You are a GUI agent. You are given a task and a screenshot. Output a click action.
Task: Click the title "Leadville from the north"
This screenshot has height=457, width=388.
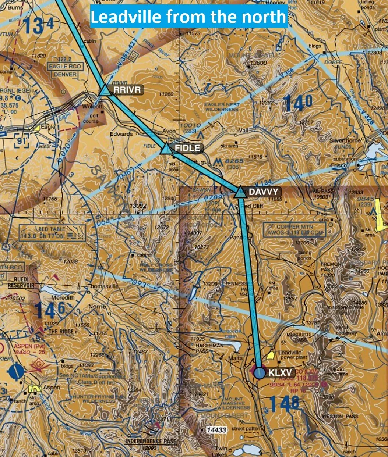[x=188, y=17]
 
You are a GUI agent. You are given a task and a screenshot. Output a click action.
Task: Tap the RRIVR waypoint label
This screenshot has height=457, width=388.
[x=127, y=90]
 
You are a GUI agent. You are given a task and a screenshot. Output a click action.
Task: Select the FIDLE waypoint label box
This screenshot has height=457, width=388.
[x=187, y=148]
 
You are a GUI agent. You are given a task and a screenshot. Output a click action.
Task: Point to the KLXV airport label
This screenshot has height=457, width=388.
[x=280, y=372]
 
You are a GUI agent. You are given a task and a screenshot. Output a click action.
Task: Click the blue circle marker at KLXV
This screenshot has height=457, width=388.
[x=260, y=373]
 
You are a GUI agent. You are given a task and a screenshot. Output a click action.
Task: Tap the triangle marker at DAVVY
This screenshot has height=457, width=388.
[x=240, y=192]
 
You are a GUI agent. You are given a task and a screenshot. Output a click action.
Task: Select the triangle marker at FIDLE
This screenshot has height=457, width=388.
[x=166, y=148]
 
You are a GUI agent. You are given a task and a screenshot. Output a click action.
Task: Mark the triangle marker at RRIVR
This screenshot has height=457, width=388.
[x=105, y=90]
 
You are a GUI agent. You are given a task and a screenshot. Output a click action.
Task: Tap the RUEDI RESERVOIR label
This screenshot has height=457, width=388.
[x=21, y=282]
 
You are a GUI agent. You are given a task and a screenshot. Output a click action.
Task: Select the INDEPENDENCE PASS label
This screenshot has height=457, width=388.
[x=151, y=441]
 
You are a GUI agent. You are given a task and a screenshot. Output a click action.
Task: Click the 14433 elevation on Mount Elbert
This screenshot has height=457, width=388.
[x=216, y=429]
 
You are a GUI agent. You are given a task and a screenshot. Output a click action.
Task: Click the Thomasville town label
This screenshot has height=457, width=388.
[x=103, y=286]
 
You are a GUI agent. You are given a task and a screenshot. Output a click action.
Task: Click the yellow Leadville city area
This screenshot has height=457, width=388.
[x=271, y=356]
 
